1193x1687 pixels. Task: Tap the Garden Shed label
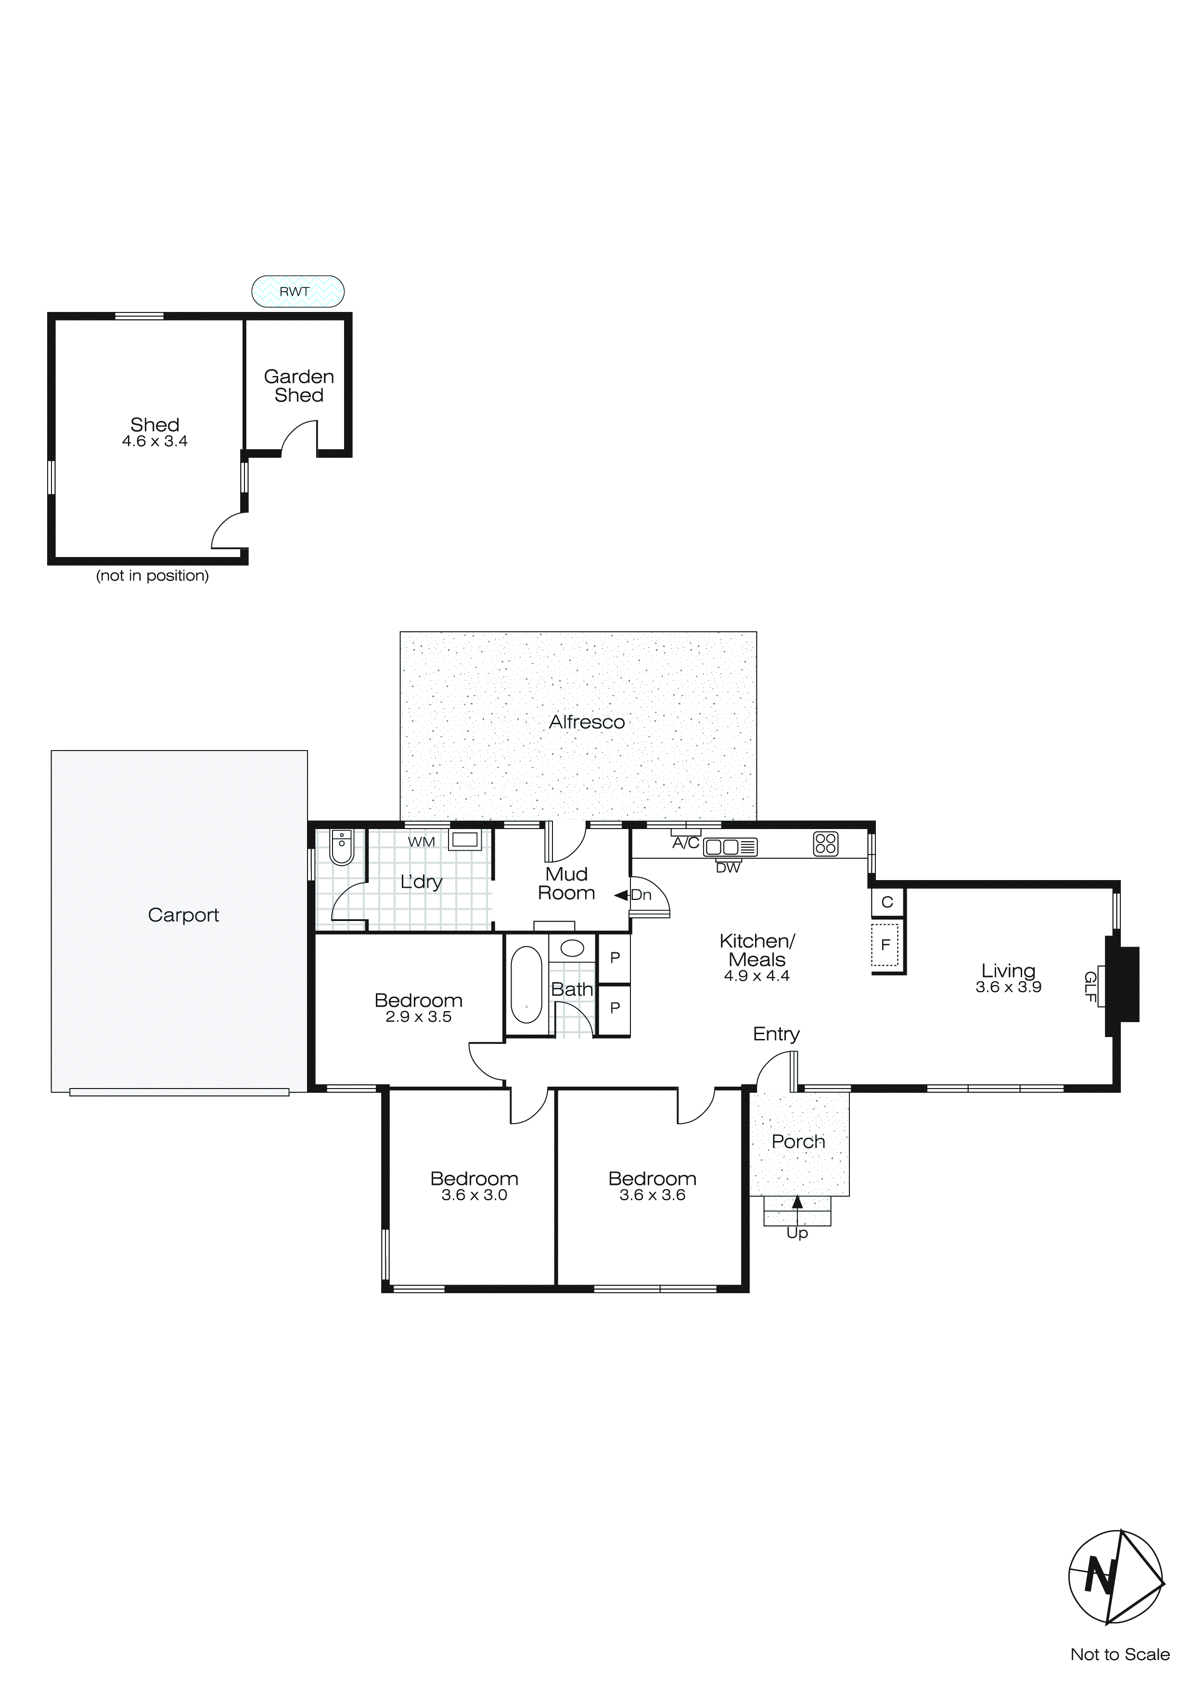pos(298,386)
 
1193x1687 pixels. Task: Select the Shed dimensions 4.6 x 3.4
pos(154,441)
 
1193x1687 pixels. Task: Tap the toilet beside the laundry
pos(342,847)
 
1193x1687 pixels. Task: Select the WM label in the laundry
pos(421,842)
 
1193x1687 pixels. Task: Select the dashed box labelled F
pos(885,945)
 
